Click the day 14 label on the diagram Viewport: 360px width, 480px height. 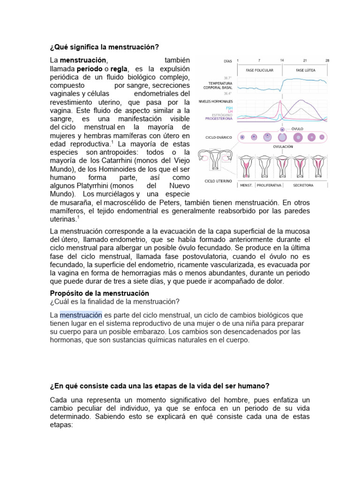[282, 60]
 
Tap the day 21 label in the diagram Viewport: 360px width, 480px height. [305, 60]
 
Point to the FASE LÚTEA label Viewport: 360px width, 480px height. [305, 70]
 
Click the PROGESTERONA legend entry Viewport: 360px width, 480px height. [219, 119]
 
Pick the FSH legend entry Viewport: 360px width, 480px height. [229, 108]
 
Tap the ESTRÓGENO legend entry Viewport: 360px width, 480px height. [222, 115]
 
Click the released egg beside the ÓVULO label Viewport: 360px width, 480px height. [282, 128]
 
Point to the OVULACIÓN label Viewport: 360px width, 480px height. [283, 146]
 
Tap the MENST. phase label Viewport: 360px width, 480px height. [247, 185]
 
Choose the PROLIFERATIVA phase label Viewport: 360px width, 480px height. [269, 185]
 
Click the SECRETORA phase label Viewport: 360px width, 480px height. [304, 185]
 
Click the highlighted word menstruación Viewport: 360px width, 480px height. [81, 314]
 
